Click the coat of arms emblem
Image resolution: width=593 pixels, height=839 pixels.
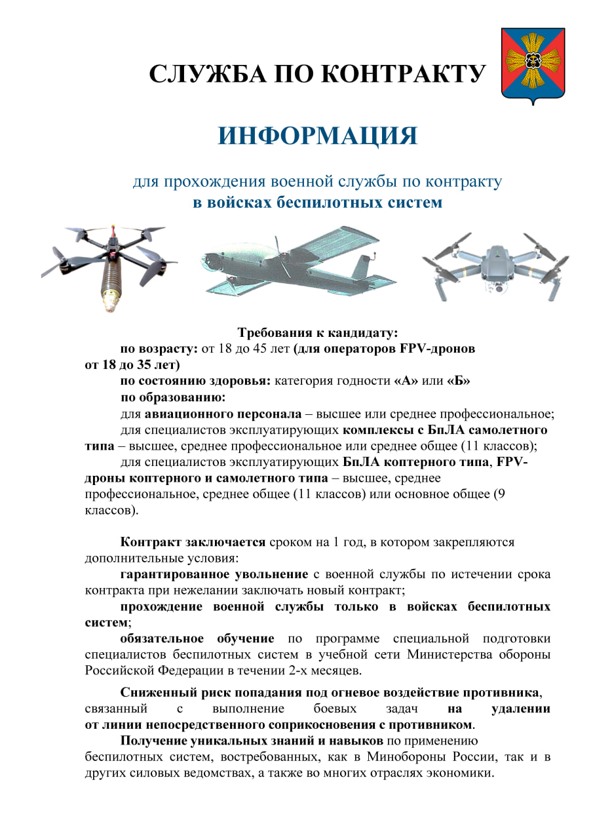533,66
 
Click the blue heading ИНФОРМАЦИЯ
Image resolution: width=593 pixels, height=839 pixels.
317,136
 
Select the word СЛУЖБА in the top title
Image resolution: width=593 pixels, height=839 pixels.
209,74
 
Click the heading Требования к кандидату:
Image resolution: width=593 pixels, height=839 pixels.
317,332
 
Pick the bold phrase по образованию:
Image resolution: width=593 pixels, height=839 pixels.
173,397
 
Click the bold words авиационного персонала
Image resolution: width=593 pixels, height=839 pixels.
223,414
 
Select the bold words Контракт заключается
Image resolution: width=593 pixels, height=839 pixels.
193,542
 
